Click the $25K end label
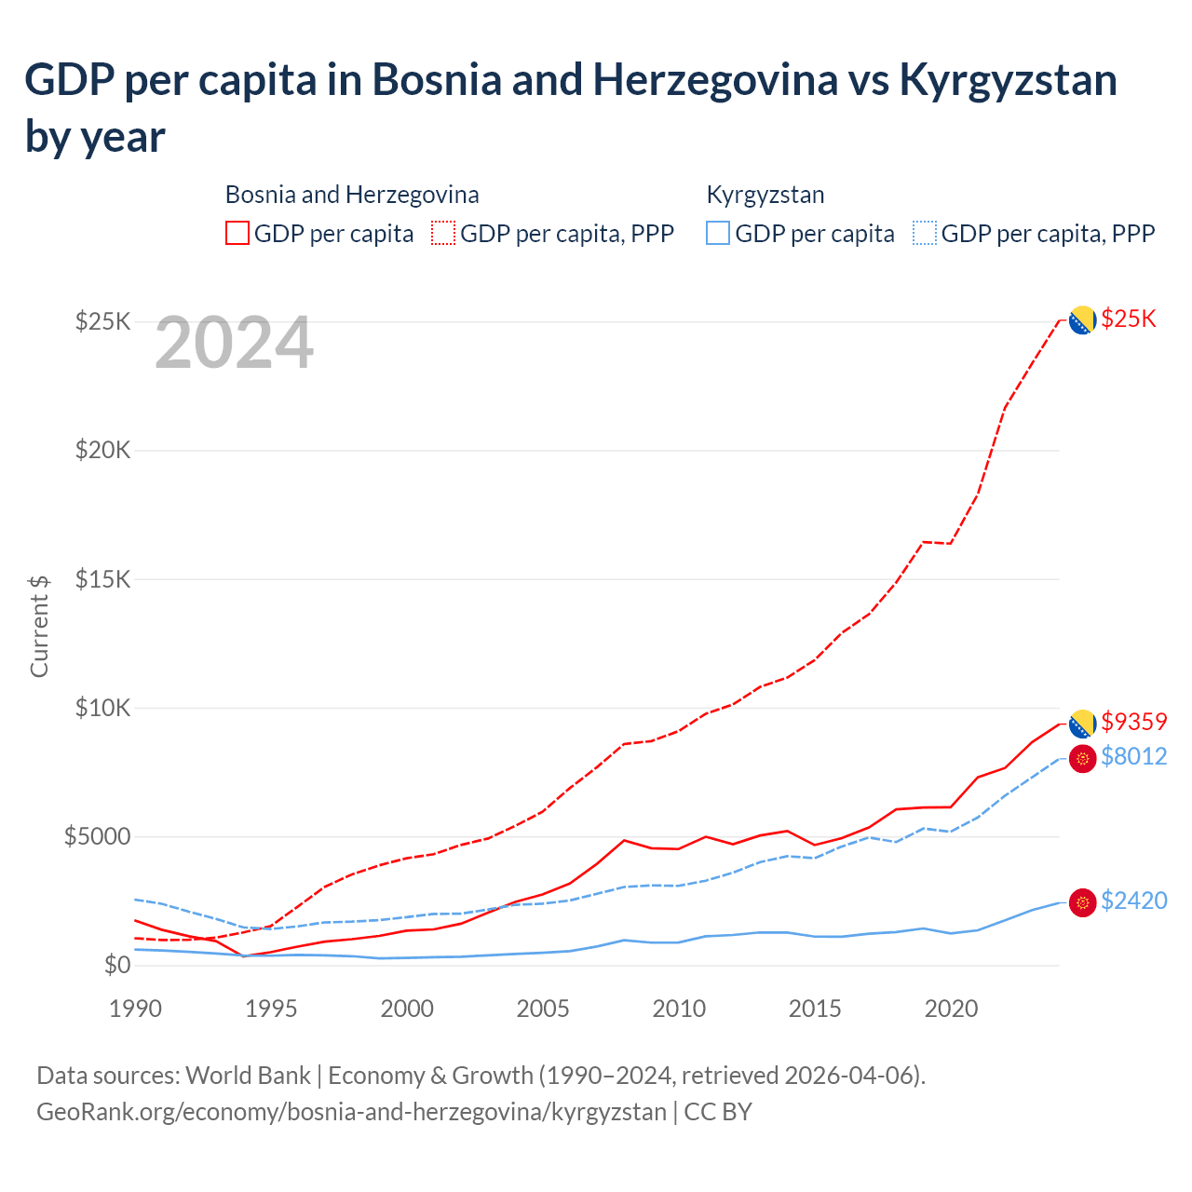point(1128,318)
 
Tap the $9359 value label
point(1133,722)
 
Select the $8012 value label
point(1133,756)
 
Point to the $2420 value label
point(1133,901)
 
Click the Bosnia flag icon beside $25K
point(1081,320)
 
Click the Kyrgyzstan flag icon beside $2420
point(1082,902)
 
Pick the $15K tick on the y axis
point(102,579)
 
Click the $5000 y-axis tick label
point(97,836)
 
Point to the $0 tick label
point(116,965)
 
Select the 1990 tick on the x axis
point(135,1009)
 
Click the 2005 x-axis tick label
point(543,1009)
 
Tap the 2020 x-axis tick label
point(951,1009)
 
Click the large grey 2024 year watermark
point(234,343)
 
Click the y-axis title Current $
point(39,626)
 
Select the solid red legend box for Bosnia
point(237,233)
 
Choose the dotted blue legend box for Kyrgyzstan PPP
point(925,233)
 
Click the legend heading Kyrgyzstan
point(765,195)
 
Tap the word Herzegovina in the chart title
point(714,80)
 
